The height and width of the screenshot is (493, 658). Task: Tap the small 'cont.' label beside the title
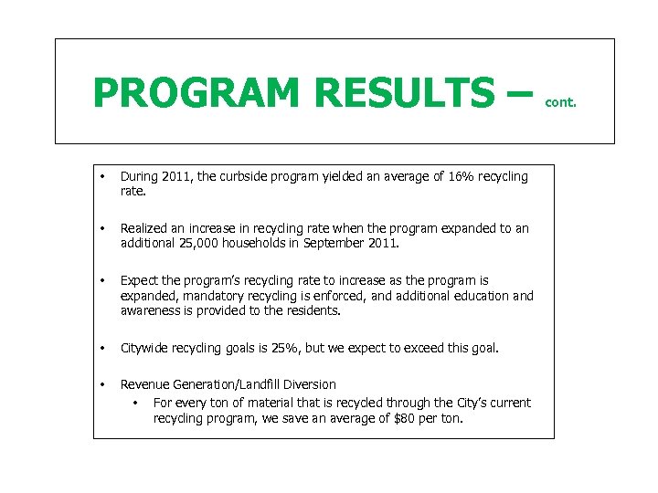[560, 103]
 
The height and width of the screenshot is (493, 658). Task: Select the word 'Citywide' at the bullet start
[146, 348]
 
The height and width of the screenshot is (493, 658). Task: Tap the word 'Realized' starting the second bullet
[146, 229]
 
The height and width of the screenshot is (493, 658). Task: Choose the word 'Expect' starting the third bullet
[140, 281]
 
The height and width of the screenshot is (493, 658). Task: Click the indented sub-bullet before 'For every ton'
[134, 403]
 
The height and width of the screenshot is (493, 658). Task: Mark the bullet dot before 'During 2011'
[104, 176]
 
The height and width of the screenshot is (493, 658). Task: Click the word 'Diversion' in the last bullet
[310, 384]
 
